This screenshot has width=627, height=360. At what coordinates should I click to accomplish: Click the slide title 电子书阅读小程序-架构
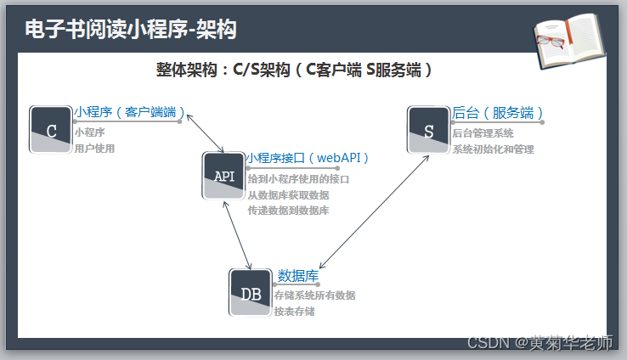point(130,30)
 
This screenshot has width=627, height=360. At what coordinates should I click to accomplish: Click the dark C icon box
point(51,130)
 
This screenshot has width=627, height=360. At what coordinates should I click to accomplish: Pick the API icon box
point(224,176)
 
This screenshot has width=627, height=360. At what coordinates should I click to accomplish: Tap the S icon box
point(429,130)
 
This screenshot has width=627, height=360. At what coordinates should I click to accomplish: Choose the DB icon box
point(251,293)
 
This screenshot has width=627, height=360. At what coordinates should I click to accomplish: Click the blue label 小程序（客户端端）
point(128,112)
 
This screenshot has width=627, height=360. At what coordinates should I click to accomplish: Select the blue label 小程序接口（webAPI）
point(308,157)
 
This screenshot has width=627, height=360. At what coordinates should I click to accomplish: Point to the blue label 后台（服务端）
point(497,112)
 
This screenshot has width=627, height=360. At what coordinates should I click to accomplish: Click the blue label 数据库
point(298,275)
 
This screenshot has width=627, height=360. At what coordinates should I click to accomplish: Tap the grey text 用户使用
point(94,149)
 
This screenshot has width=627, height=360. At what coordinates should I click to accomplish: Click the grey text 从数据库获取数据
point(288,194)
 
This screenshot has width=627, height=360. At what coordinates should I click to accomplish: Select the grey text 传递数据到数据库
point(288,210)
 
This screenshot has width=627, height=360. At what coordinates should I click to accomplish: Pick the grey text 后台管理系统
point(483,132)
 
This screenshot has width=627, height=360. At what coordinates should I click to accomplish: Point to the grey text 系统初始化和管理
point(493,149)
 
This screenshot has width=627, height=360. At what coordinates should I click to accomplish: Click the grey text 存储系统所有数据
point(314,295)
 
